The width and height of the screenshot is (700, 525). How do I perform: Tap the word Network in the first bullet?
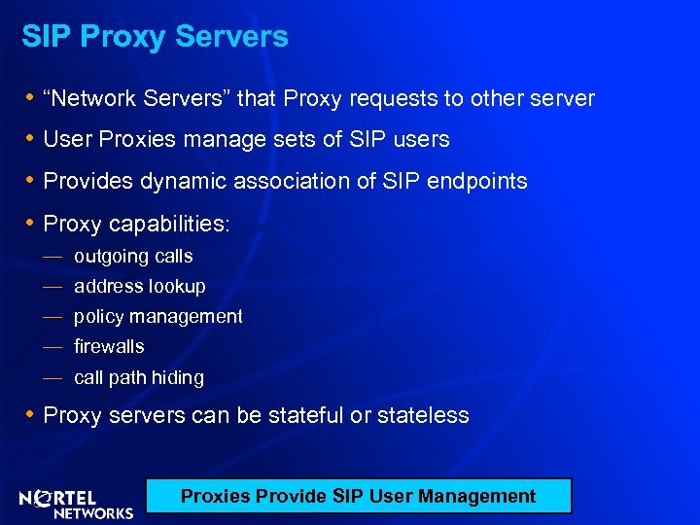coord(98,98)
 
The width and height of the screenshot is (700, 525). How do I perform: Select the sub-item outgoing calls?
coord(133,257)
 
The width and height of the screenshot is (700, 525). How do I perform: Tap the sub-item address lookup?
coord(140,287)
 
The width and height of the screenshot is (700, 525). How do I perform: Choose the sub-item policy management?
coord(158,316)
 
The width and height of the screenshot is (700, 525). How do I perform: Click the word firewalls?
coord(109,346)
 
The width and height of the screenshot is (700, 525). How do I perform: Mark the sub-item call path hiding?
coord(139,377)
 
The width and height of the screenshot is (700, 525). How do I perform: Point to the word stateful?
coord(306,415)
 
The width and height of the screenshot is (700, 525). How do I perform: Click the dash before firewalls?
coord(52,346)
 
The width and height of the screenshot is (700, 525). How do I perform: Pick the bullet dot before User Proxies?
coord(30,139)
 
